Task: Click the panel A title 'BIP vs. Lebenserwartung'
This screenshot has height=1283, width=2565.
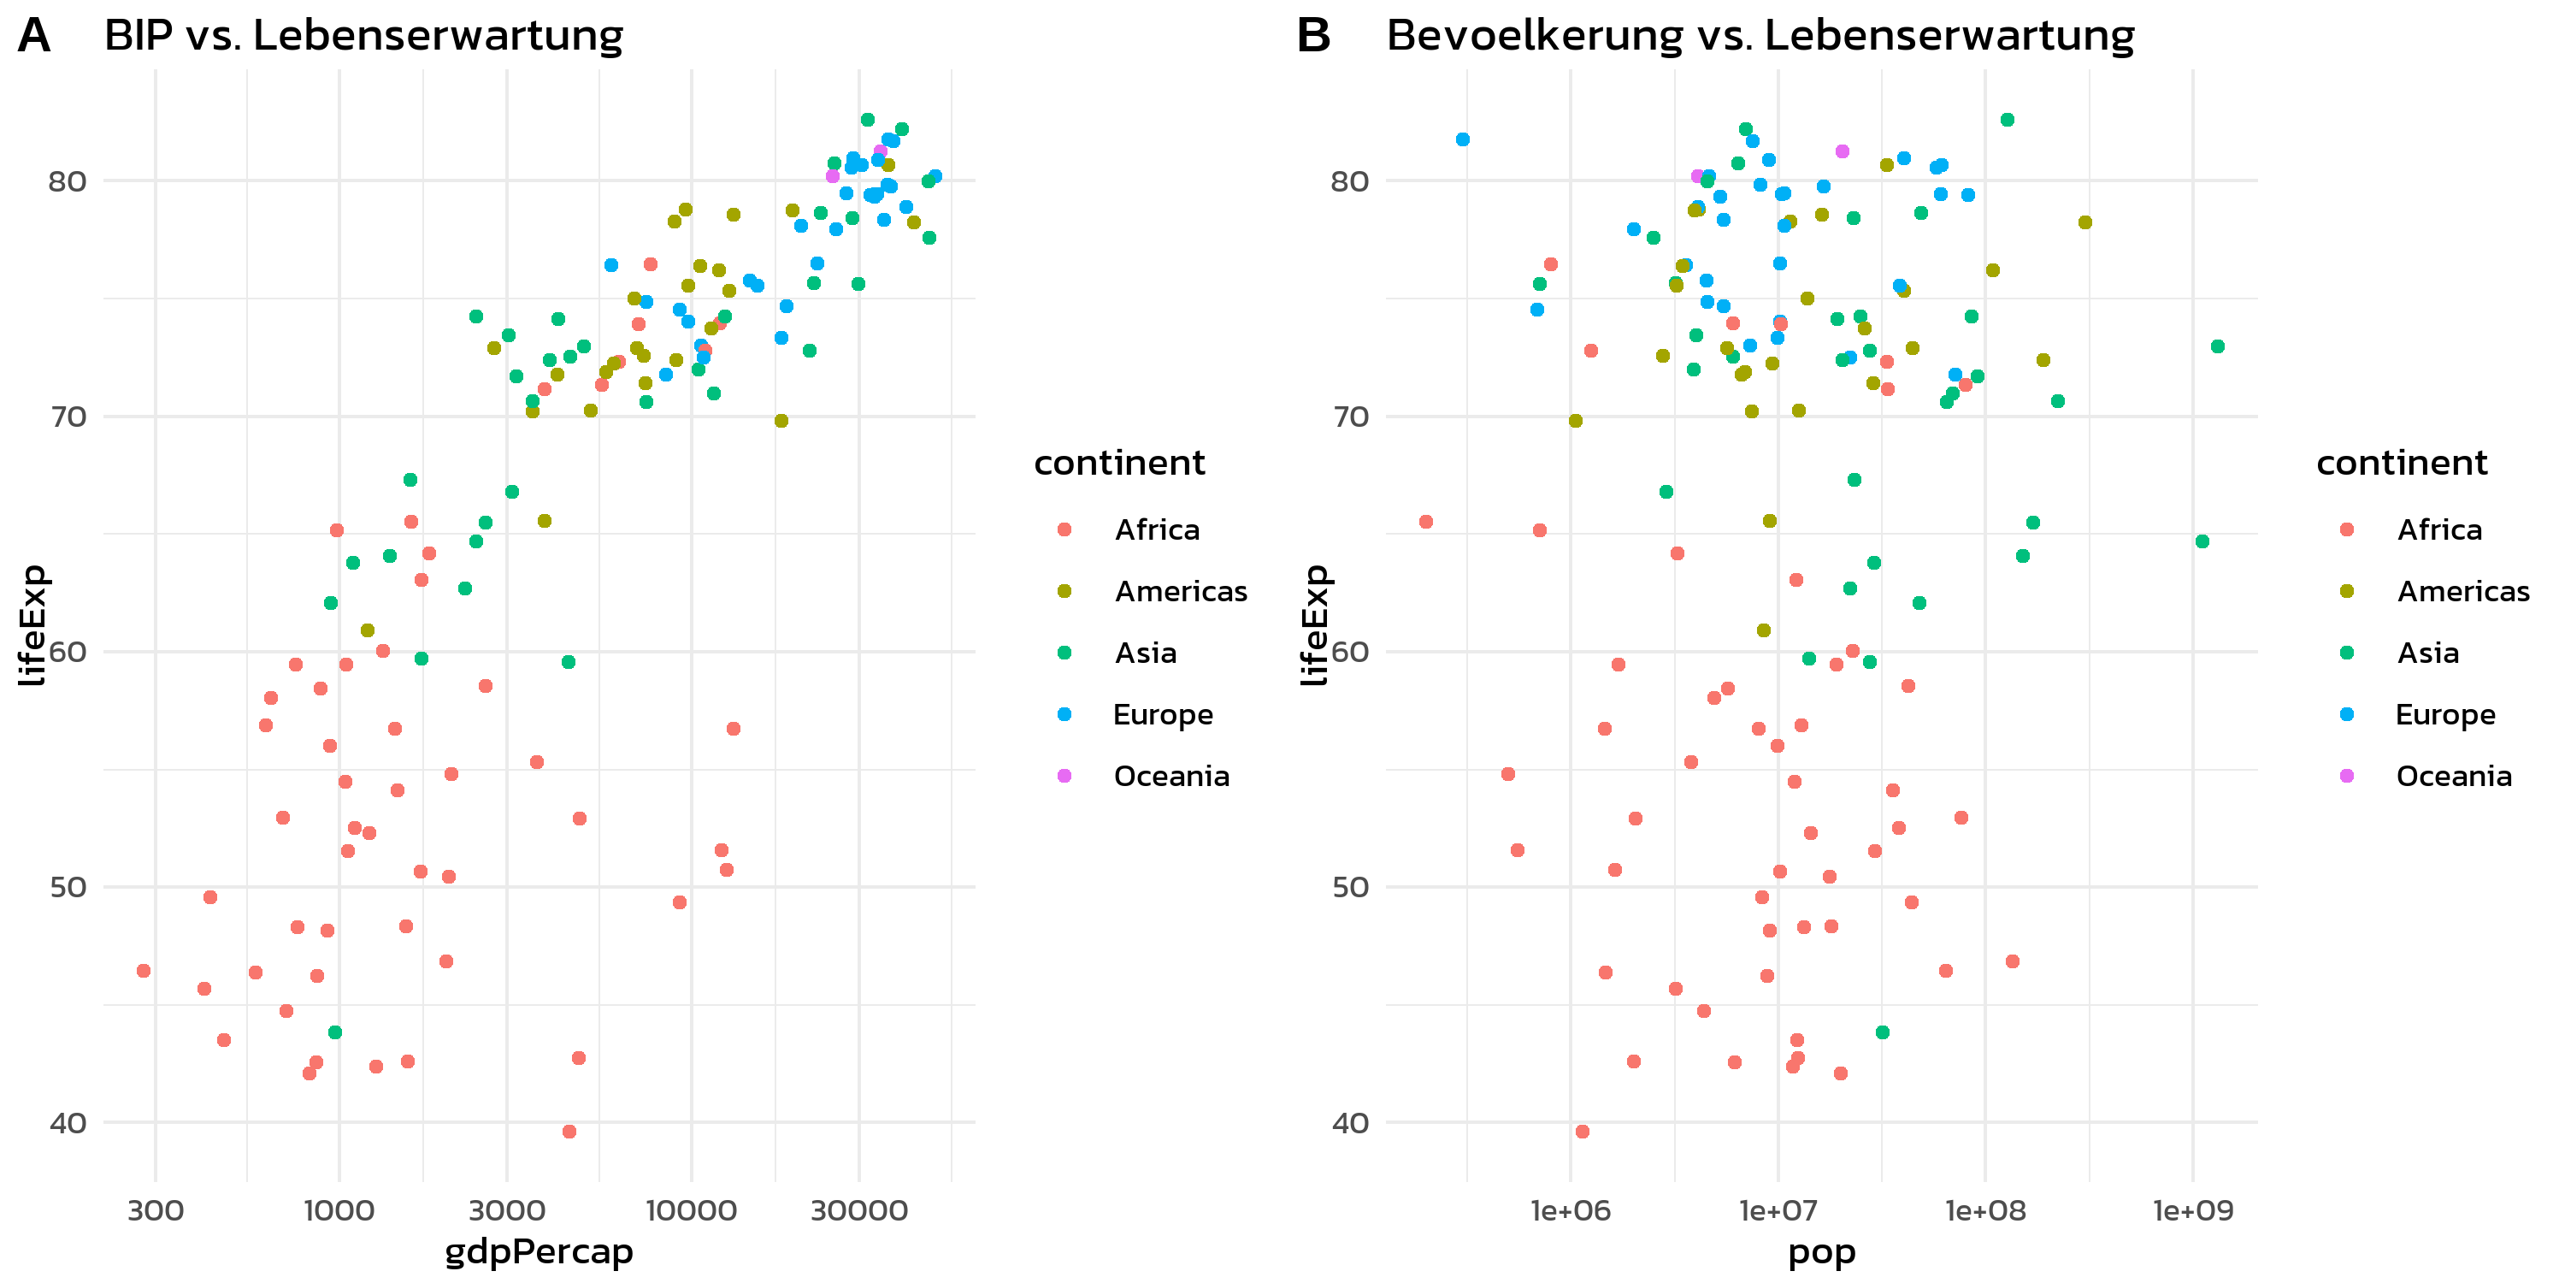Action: pos(363,36)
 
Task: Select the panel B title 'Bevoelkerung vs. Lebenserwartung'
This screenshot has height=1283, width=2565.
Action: pos(1760,36)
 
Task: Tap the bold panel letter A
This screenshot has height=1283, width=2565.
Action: pos(34,36)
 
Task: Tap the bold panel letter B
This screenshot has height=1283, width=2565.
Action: pos(1313,36)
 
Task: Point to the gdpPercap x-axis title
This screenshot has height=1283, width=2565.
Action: pos(539,1251)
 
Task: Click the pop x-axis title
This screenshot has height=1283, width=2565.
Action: pos(1821,1251)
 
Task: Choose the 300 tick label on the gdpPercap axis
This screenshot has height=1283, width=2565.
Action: pos(156,1210)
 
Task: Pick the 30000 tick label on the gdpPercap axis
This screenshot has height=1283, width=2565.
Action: pos(859,1210)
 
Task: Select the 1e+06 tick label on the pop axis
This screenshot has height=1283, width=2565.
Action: pos(1571,1210)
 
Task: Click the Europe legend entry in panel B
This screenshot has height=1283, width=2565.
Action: pos(2444,714)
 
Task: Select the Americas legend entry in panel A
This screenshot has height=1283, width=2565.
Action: pos(1180,592)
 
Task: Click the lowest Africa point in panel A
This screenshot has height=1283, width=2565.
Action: pos(569,1132)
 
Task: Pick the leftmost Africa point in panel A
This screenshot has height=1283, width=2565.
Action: pos(144,970)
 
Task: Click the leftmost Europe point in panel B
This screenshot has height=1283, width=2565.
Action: pos(1463,139)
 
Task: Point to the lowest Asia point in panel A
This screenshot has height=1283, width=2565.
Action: pos(334,1032)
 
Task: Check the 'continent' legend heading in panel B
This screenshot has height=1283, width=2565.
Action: pos(2402,464)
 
